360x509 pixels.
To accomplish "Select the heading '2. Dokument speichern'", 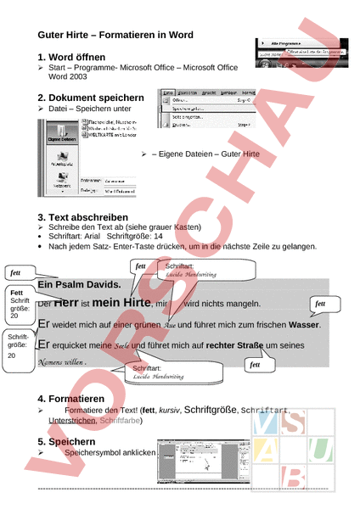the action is pos(92,98).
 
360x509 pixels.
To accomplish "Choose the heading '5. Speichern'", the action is pos(70,442).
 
